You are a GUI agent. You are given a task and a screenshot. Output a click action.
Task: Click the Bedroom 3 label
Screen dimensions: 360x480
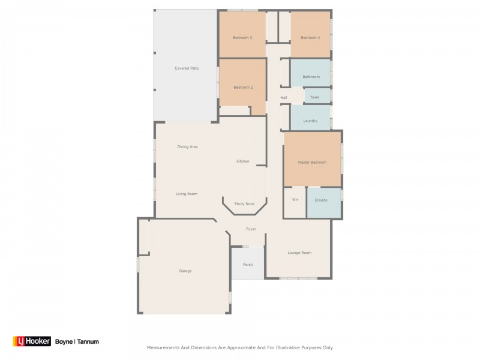[x=242, y=38]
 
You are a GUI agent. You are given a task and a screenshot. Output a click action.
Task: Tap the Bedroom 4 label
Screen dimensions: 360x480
[x=310, y=38]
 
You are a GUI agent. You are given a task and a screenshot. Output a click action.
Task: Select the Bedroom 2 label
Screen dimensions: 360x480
[x=243, y=88]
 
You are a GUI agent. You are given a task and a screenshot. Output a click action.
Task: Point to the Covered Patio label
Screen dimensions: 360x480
[x=187, y=68]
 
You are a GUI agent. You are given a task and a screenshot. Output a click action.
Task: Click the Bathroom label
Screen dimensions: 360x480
[x=311, y=77]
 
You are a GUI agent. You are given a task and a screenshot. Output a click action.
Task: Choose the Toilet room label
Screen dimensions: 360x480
[x=315, y=97]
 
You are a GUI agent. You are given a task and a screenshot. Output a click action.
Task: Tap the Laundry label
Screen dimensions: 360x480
[x=310, y=121]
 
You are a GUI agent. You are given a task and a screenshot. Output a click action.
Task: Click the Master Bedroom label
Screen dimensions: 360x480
[x=312, y=163]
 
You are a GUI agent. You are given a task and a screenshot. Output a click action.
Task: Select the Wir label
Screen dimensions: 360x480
[x=295, y=200]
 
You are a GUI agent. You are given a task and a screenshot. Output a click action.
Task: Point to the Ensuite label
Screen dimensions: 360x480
[x=321, y=200]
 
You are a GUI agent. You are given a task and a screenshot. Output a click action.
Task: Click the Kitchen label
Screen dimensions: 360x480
[x=242, y=161]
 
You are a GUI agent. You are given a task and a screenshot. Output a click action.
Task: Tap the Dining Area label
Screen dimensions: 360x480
[x=187, y=147]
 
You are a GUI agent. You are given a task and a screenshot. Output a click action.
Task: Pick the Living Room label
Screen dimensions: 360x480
[x=187, y=194]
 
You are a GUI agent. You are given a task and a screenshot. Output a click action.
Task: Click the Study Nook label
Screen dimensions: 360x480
[x=244, y=204]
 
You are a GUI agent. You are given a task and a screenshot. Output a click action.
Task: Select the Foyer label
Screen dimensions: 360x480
[x=251, y=229]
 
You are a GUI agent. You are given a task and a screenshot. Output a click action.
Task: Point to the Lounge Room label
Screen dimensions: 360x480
[x=299, y=253]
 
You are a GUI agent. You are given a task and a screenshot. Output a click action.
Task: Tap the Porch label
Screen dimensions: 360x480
[x=248, y=265]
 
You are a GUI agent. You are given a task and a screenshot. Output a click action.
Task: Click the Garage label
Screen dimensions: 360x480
[x=185, y=271]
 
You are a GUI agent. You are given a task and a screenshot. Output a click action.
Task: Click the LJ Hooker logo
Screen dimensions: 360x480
[x=32, y=341]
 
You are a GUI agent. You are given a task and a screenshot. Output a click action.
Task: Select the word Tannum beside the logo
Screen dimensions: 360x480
[x=88, y=341]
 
